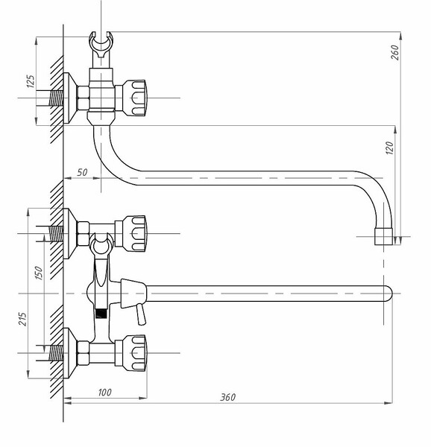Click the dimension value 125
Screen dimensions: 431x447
(31, 81)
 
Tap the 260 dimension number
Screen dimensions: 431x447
(395, 52)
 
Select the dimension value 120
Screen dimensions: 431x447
(390, 148)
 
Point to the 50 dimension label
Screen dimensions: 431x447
(82, 173)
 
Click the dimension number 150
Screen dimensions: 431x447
(39, 273)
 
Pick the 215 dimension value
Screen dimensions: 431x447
(22, 319)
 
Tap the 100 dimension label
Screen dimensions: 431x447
(104, 393)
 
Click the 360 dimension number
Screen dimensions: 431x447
(228, 397)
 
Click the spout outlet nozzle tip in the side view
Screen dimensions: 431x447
(384, 236)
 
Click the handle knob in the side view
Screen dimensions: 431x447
(135, 98)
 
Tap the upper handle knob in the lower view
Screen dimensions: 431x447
(135, 233)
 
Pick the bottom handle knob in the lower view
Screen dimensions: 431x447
(135, 353)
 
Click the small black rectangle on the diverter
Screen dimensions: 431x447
(101, 314)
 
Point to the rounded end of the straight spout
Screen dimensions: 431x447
(388, 294)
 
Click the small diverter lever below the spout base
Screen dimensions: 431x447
(141, 314)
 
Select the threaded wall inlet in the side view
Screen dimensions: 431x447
(56, 98)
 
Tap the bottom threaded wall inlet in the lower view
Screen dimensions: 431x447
(56, 353)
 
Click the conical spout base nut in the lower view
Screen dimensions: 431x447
(133, 294)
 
